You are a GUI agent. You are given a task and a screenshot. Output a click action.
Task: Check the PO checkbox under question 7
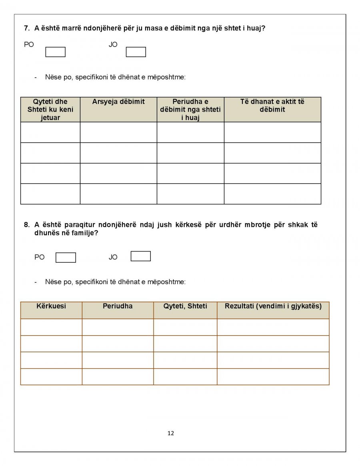(55, 52)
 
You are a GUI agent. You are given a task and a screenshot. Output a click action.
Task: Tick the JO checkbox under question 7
(136, 52)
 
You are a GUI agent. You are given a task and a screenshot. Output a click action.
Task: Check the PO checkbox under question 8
(66, 258)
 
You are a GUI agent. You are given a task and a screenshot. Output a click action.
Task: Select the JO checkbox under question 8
(140, 256)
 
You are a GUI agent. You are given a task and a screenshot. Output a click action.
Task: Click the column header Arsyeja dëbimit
(118, 102)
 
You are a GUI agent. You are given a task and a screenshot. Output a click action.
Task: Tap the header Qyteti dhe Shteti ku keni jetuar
(50, 110)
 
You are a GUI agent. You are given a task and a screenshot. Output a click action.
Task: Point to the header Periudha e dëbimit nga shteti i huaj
(190, 110)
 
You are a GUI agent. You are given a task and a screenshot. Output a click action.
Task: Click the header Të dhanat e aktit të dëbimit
(272, 106)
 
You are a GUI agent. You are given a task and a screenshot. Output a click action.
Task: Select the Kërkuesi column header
(51, 306)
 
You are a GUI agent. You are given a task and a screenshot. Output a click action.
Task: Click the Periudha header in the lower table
(118, 306)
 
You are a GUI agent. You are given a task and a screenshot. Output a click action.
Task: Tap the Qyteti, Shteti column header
(185, 306)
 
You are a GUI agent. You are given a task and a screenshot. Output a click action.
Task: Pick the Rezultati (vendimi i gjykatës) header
(273, 306)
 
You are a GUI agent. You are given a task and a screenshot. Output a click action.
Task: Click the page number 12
(171, 433)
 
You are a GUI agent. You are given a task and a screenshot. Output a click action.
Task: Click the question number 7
(26, 28)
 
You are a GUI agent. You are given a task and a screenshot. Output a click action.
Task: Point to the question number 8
(26, 225)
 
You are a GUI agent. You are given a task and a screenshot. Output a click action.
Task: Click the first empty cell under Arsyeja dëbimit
(118, 132)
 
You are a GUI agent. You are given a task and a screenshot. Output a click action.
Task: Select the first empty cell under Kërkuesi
(51, 327)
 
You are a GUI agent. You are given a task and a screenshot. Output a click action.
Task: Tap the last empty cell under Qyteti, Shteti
(185, 377)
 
